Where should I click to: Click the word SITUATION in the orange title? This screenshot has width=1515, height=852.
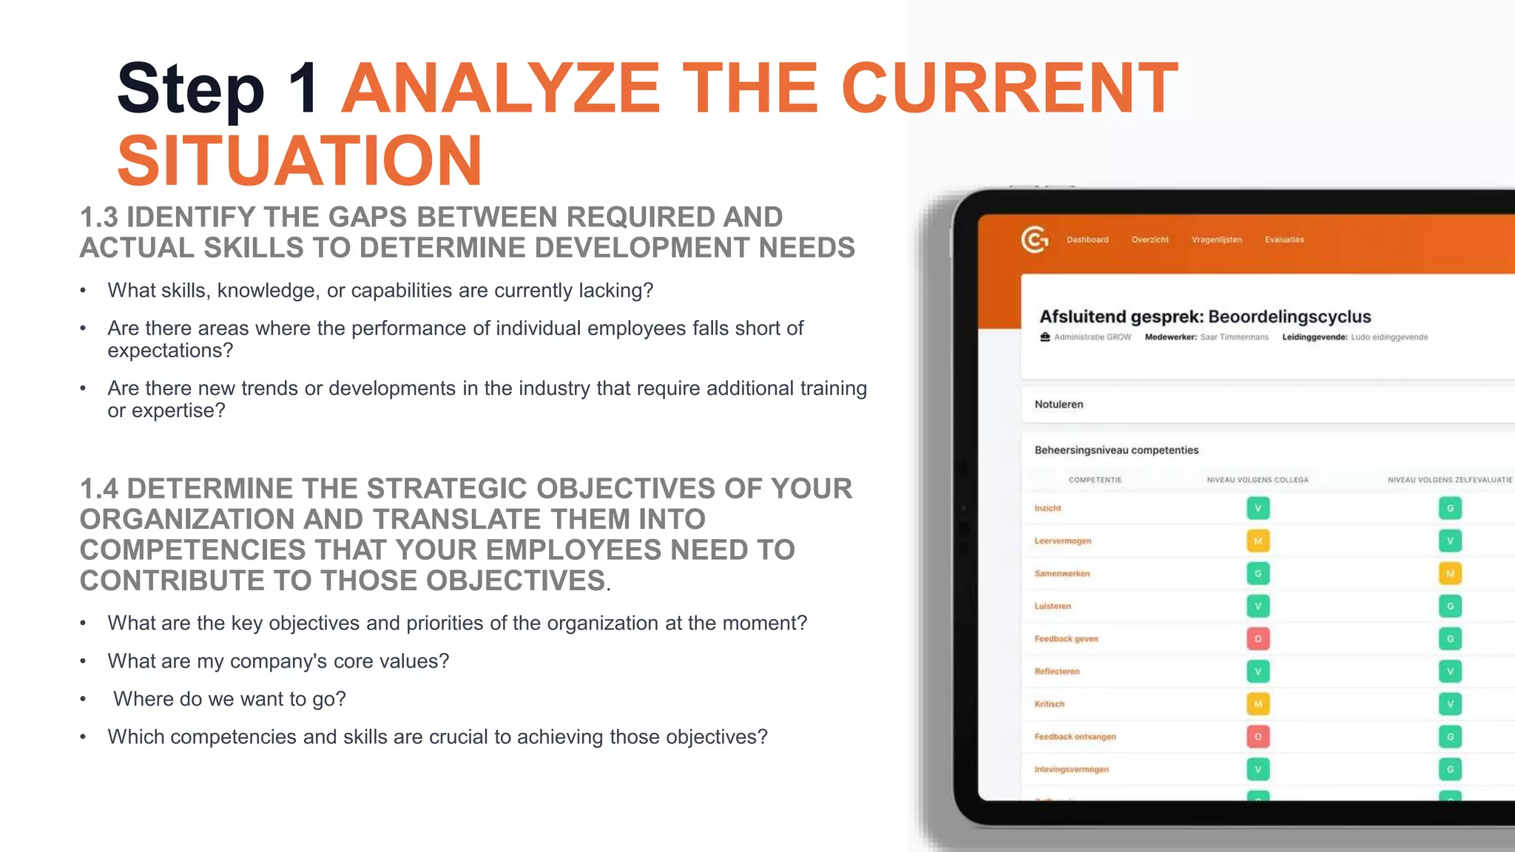pos(300,160)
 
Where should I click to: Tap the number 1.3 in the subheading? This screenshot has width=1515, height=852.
pos(99,217)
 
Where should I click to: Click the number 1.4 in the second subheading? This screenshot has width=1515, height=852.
pos(99,489)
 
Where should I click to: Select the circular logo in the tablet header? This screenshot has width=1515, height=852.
pos(1034,240)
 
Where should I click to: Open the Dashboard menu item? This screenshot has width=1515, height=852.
pos(1087,240)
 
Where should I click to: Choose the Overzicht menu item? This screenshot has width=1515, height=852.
pos(1150,240)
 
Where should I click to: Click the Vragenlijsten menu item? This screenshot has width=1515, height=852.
pos(1216,240)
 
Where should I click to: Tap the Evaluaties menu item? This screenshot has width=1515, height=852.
pos(1284,240)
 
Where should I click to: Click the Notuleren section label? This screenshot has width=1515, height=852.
pos(1059,405)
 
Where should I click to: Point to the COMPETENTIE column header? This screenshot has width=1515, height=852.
pos(1095,480)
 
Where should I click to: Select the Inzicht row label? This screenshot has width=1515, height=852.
pos(1047,508)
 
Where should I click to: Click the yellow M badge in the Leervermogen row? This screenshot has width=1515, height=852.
pos(1258,541)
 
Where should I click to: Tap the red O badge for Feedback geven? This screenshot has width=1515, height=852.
pos(1258,639)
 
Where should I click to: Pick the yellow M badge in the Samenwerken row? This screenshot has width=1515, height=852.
pos(1450,574)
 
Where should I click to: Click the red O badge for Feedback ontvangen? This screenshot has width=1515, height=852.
pos(1258,737)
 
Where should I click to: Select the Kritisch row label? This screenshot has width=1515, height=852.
pos(1049,704)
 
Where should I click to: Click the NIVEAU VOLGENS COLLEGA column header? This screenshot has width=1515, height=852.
pos(1258,480)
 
